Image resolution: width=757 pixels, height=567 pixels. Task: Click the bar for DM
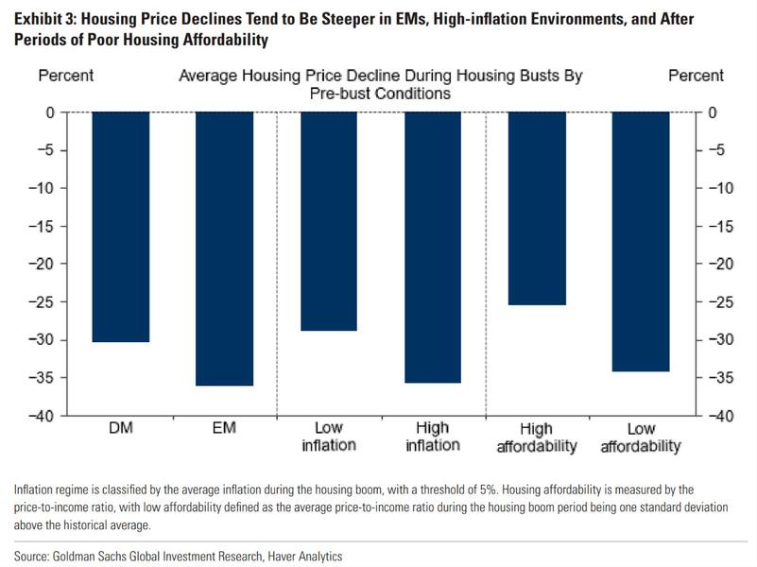click(121, 227)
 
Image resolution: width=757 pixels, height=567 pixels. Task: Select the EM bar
click(225, 249)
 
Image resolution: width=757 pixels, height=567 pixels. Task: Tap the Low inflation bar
click(329, 221)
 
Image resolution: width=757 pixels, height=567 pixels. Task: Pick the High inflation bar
click(433, 248)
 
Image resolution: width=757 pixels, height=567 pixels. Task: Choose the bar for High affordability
click(537, 208)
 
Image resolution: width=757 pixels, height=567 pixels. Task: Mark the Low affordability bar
click(641, 242)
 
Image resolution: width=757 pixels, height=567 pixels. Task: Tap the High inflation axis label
click(433, 437)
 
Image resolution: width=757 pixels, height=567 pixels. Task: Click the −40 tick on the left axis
click(46, 416)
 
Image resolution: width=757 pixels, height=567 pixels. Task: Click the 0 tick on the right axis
click(712, 112)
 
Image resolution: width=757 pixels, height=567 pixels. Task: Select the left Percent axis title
click(65, 76)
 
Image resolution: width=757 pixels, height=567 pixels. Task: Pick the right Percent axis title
click(696, 76)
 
